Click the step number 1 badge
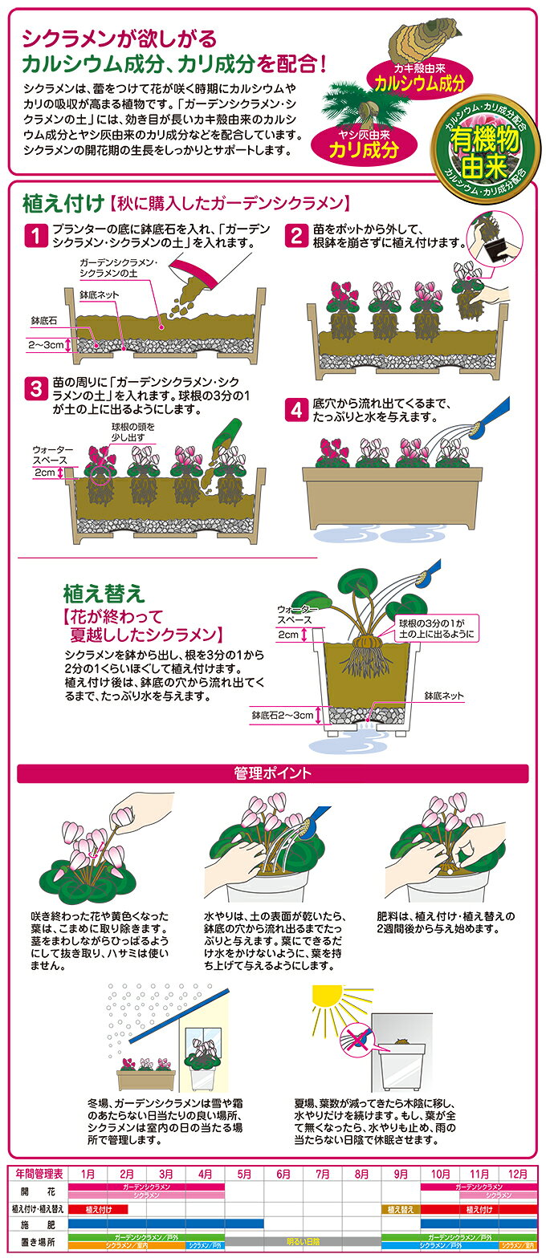(x=36, y=236)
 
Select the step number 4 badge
(x=296, y=411)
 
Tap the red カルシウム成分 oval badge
(x=420, y=79)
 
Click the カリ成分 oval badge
(x=365, y=144)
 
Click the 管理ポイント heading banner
(x=273, y=773)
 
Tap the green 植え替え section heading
(x=104, y=593)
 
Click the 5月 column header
(x=244, y=1174)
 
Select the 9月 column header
(x=401, y=1174)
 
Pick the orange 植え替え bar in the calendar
(x=401, y=1210)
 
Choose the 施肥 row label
(x=39, y=1224)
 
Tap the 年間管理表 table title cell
(x=39, y=1174)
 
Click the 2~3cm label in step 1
(x=46, y=345)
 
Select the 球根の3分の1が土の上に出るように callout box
(x=436, y=629)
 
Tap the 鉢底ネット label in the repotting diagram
(x=444, y=696)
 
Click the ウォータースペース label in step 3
(x=53, y=455)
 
